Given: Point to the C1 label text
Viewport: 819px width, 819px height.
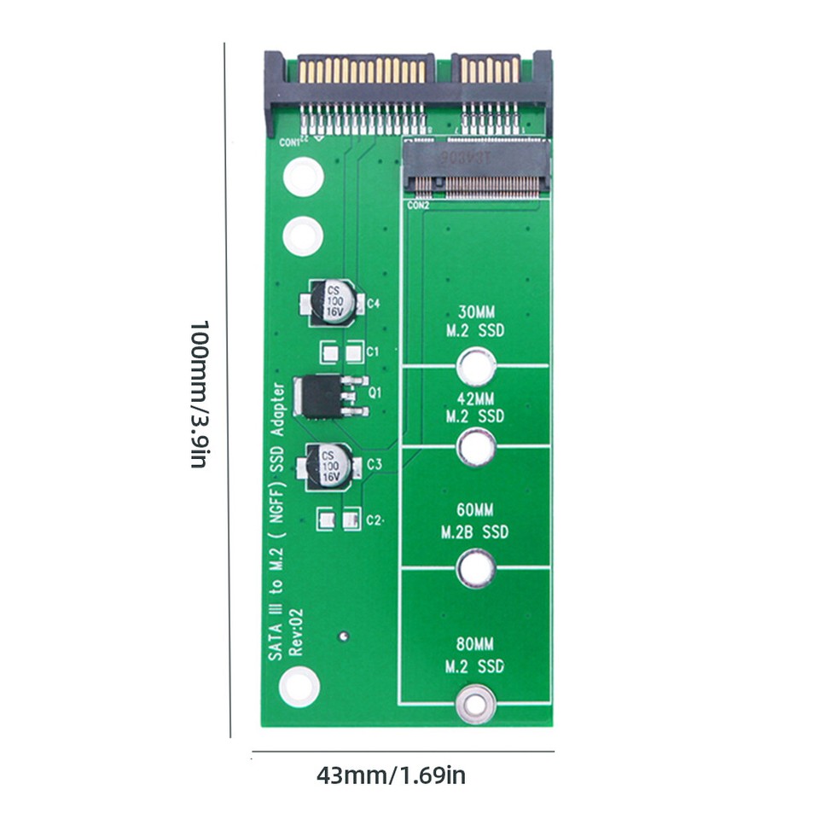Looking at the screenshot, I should pyautogui.click(x=373, y=351).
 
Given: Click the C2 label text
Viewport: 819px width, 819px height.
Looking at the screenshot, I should pyautogui.click(x=374, y=520).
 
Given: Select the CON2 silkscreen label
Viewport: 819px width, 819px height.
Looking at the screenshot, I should pyautogui.click(x=417, y=206).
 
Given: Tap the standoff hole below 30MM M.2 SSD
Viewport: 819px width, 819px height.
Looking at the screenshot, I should pyautogui.click(x=476, y=368).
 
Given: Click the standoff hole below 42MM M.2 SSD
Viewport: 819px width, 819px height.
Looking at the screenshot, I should pyautogui.click(x=476, y=448).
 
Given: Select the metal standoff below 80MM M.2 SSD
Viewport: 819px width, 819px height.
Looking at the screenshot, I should pyautogui.click(x=476, y=703).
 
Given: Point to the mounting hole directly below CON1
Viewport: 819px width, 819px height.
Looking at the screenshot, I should pyautogui.click(x=303, y=177).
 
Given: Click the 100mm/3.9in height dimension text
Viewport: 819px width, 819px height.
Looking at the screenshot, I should pyautogui.click(x=198, y=394).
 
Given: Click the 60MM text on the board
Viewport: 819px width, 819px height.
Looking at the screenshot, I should pyautogui.click(x=474, y=511).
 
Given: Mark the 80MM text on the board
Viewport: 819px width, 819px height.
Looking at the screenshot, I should pyautogui.click(x=474, y=645).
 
